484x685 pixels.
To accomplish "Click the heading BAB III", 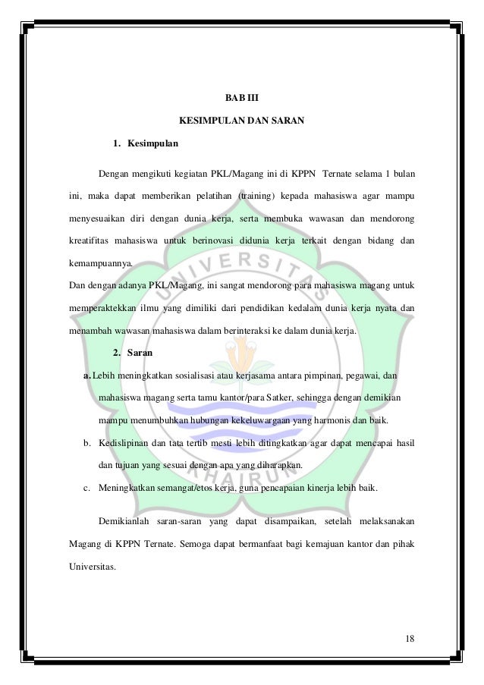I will (241, 98).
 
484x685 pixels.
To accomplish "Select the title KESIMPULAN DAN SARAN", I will (241, 121).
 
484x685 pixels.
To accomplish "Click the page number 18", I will (410, 636).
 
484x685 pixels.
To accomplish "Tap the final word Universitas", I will (93, 564).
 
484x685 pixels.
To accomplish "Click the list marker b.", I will (87, 442).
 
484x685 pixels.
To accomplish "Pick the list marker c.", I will (87, 486).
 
